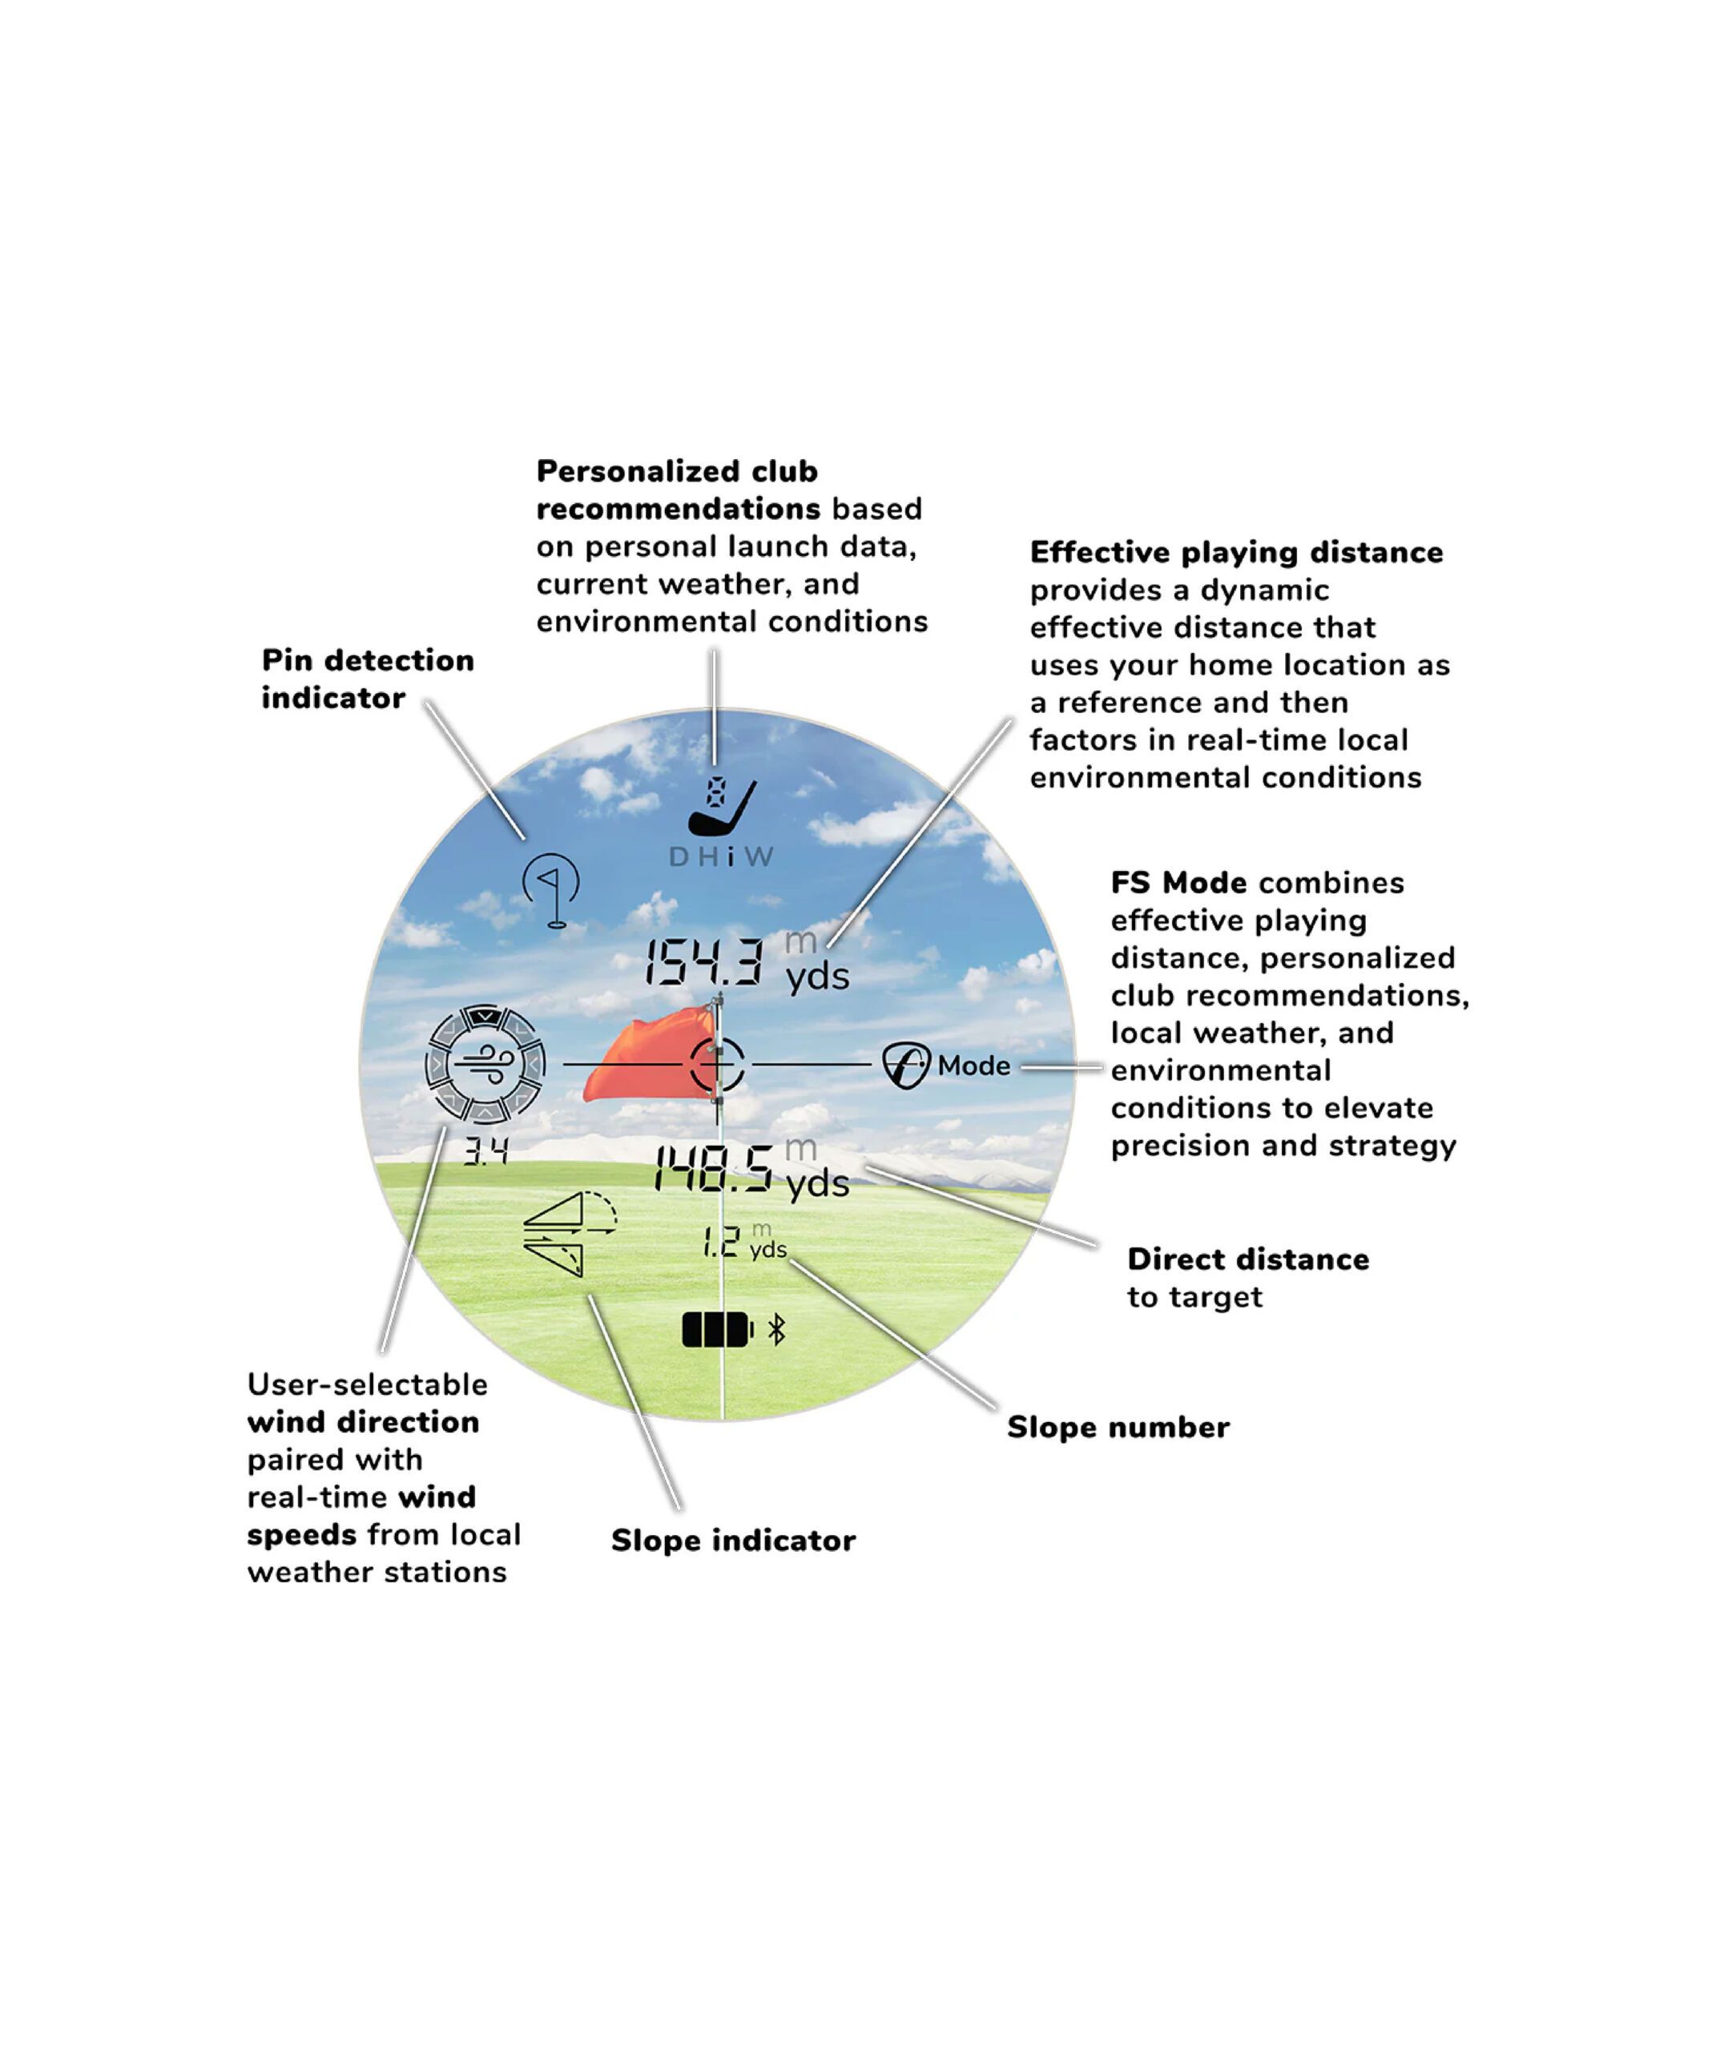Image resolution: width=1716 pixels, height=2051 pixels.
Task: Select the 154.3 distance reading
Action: (x=703, y=962)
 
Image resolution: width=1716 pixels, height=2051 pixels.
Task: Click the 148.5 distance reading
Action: (x=713, y=1169)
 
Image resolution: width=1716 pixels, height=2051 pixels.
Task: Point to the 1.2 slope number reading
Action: (x=722, y=1243)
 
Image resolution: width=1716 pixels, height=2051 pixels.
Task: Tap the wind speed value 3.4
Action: (x=485, y=1152)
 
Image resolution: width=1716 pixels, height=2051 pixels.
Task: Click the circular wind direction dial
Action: (x=485, y=1065)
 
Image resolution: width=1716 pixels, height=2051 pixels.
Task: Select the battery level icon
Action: (x=716, y=1330)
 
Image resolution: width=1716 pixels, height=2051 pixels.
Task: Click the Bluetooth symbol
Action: (x=776, y=1330)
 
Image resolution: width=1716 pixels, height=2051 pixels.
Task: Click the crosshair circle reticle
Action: (x=718, y=1064)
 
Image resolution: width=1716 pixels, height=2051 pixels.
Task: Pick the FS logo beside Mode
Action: (x=905, y=1066)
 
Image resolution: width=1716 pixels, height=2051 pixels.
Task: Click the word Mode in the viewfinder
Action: (x=973, y=1066)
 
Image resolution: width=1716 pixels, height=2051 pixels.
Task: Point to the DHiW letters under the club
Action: (x=721, y=857)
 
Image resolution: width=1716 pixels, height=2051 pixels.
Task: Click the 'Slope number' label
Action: (x=1118, y=1428)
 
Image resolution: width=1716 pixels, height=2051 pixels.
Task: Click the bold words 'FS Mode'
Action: (x=1178, y=883)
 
